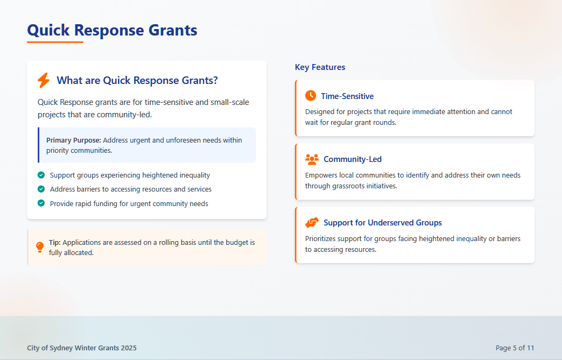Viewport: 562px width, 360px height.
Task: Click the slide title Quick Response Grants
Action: (112, 30)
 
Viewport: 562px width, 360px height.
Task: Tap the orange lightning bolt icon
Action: (44, 80)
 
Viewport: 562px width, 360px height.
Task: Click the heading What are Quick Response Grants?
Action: (137, 80)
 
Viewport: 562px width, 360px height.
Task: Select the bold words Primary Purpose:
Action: (73, 140)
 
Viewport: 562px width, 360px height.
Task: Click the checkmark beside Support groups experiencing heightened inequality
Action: (41, 175)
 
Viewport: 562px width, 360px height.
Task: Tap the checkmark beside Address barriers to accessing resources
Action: (41, 189)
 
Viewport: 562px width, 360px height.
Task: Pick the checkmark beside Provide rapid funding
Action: (41, 203)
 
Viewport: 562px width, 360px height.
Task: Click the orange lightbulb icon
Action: (40, 247)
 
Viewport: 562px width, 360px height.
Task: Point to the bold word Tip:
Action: (55, 243)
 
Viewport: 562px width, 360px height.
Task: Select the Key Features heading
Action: (320, 67)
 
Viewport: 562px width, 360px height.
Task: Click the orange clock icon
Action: (311, 96)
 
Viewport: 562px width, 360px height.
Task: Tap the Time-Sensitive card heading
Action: (347, 96)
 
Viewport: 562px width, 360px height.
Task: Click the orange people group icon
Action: (312, 159)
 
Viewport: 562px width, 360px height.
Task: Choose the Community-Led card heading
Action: (353, 159)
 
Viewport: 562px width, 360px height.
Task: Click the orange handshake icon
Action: (312, 223)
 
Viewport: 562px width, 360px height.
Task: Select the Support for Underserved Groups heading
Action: (383, 223)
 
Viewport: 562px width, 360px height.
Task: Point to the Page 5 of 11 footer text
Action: (515, 348)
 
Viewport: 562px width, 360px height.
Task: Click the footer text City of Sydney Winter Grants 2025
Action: (82, 348)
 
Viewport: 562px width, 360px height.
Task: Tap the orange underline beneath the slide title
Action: (55, 43)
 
